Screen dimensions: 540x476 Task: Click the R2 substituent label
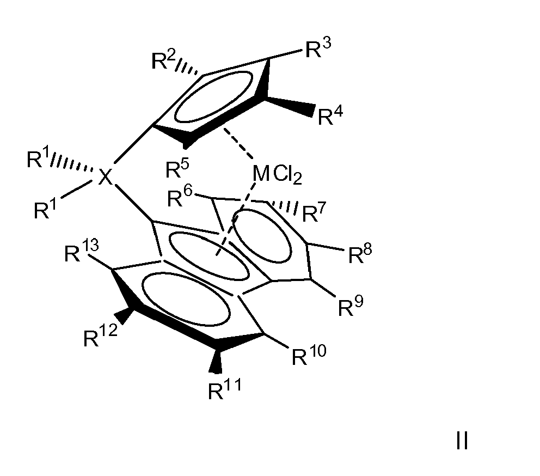click(164, 59)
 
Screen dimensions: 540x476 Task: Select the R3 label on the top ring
click(318, 48)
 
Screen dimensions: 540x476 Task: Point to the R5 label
click(177, 168)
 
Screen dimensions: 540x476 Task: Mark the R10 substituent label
click(309, 355)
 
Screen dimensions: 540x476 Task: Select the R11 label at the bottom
click(225, 389)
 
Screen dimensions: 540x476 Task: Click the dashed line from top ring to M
click(238, 144)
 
